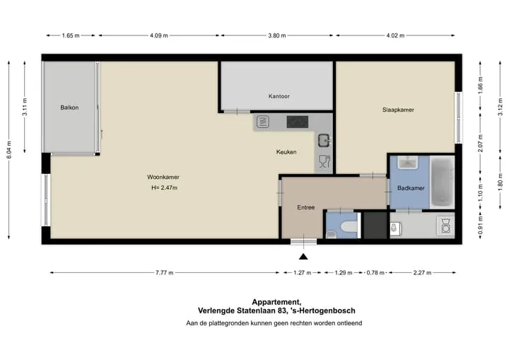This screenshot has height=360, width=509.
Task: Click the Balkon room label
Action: coord(69,108)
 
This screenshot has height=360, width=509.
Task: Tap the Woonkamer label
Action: coord(163,177)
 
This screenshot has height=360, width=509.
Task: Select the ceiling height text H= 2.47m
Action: coord(164,188)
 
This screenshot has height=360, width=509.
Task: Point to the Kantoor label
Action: coord(279,96)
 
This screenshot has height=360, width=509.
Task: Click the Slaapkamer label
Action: coord(398,110)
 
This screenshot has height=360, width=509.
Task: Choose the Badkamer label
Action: coord(411,188)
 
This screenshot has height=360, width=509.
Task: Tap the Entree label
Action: coord(306,207)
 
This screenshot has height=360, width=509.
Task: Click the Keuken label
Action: coord(286,152)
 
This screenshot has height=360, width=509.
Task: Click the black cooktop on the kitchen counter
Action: coord(298,122)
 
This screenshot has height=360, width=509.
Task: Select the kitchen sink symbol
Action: coord(324,140)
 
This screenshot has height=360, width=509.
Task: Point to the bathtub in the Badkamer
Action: coord(442,182)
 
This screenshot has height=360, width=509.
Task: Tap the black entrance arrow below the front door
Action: coord(303,257)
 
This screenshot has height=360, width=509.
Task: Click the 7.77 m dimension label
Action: coord(164,272)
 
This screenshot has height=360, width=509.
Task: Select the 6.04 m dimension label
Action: coord(9,150)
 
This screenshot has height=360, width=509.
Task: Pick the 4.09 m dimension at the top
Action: coord(159,35)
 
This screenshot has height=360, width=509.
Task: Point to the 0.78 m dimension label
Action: coord(375,272)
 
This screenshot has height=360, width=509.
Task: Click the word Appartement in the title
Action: coord(276,302)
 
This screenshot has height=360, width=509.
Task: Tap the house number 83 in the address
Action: coord(281,310)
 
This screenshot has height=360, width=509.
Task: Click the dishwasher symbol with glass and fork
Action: coord(324,162)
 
